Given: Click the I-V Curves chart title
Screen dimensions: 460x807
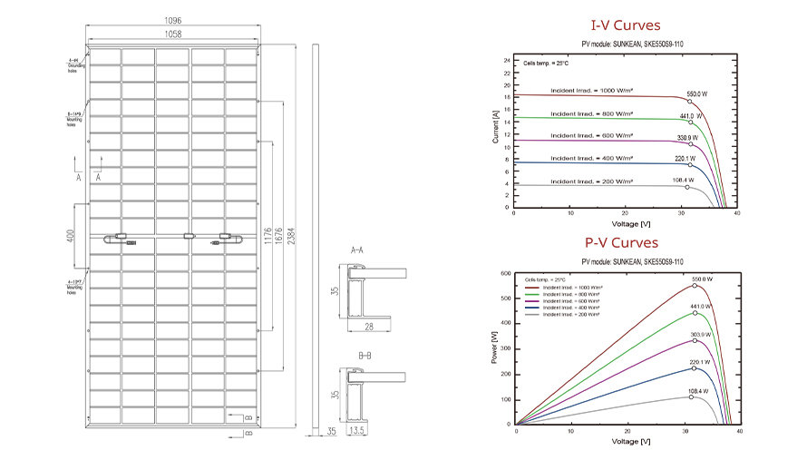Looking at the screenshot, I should coord(625,25).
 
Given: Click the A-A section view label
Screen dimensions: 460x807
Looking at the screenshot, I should coord(357,249).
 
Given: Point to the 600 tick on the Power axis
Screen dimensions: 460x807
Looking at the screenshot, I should coord(505,273).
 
